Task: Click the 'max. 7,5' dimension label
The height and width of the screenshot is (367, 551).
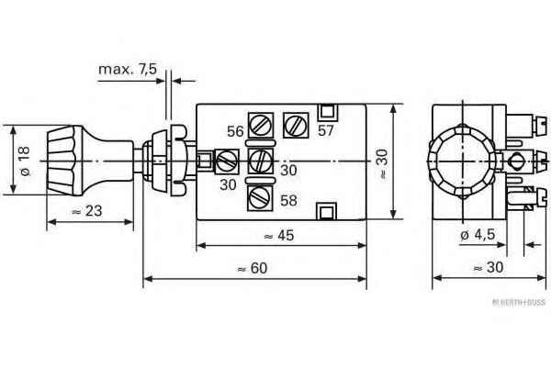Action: click(129, 70)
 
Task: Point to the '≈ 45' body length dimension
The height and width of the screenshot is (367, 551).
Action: click(281, 236)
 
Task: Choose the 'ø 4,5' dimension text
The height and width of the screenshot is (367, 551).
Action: click(478, 234)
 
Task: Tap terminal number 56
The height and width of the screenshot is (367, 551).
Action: click(235, 131)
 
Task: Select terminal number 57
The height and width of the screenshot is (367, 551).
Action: click(324, 131)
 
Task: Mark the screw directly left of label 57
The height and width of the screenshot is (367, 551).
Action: click(295, 123)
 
